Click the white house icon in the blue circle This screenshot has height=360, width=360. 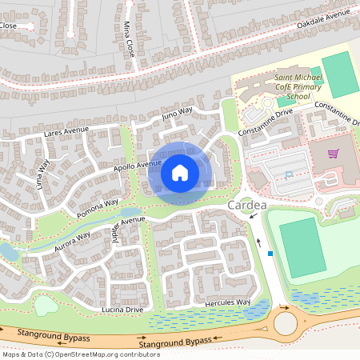pos(180,172)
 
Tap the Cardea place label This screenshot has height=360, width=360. pos(243,206)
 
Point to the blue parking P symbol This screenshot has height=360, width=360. pos(289,174)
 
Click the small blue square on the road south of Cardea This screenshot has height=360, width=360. pos(270,254)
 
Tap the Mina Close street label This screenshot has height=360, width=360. pos(129,38)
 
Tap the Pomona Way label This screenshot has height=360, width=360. pos(98,207)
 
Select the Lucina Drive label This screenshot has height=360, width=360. pos(122,309)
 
